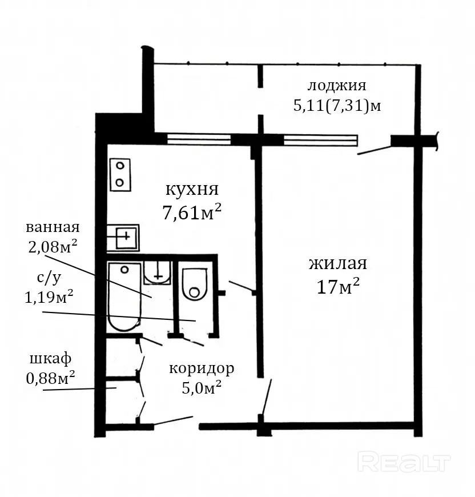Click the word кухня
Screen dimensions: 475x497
point(192,190)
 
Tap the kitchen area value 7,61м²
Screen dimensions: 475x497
point(192,212)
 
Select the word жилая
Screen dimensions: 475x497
point(338,263)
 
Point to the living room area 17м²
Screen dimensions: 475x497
point(338,287)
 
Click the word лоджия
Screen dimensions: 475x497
point(337,86)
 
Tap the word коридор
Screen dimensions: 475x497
point(202,369)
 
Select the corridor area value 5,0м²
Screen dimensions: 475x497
point(202,387)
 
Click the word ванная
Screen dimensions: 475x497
point(53,227)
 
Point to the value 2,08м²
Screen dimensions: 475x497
point(53,246)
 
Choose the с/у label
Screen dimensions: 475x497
point(49,278)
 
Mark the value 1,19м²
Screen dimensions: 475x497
point(49,297)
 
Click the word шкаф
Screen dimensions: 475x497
point(50,359)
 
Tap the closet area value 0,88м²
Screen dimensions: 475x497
point(50,378)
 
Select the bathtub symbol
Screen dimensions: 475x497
point(124,296)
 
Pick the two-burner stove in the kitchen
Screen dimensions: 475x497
point(120,174)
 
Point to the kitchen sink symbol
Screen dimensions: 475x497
point(123,238)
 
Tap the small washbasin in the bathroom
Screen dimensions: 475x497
point(158,272)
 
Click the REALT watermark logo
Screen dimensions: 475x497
point(404,463)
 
